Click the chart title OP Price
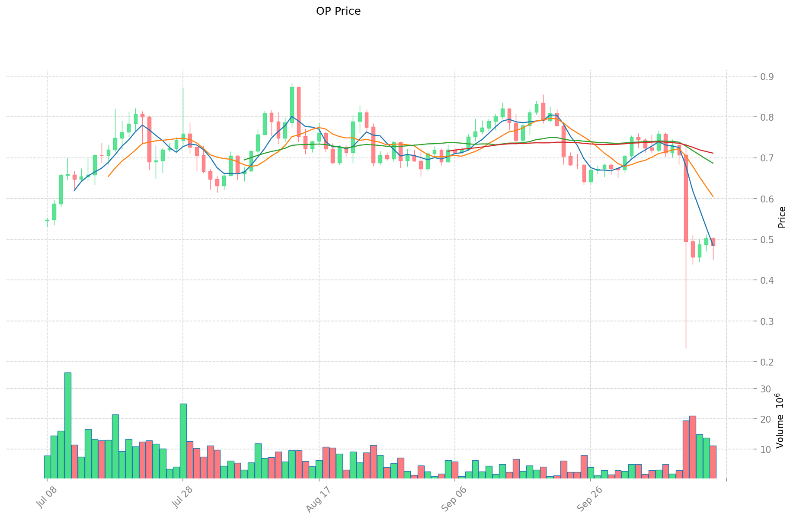coord(338,11)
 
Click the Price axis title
coord(782,217)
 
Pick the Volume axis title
coord(780,420)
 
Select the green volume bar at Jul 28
coord(183,441)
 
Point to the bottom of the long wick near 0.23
coord(686,348)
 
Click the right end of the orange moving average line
coord(713,197)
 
